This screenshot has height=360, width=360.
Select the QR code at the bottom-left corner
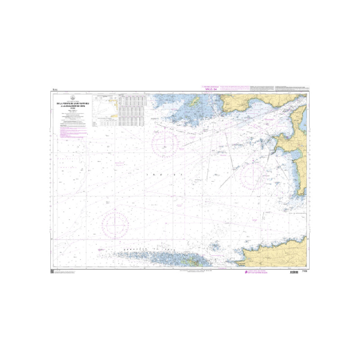52,271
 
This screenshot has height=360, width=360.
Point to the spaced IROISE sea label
165,174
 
